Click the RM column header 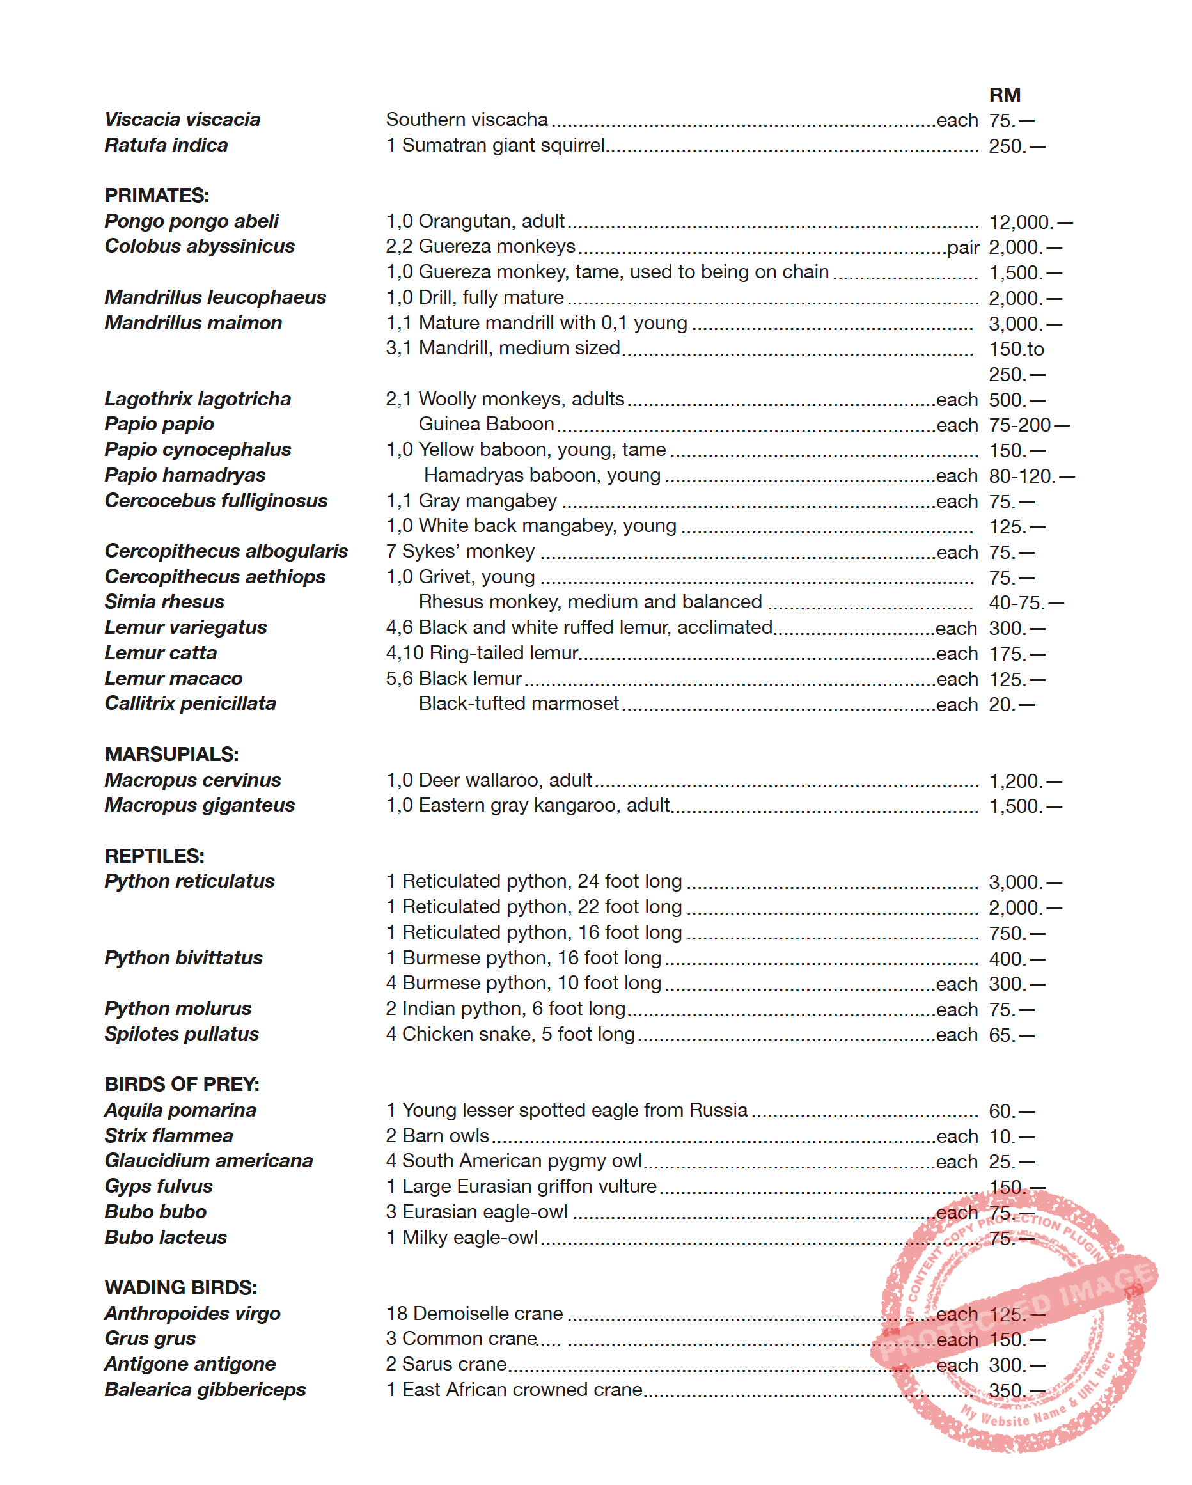point(1004,95)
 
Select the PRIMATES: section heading point(157,196)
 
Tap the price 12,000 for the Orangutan point(1021,223)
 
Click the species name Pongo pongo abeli point(191,221)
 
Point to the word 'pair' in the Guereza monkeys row point(962,247)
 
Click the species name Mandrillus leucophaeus point(215,297)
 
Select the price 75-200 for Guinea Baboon point(1021,425)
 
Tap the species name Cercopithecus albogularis point(226,551)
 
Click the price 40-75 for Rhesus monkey point(1017,602)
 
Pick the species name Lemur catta point(161,653)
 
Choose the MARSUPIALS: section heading point(171,754)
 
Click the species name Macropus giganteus point(200,805)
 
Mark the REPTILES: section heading point(154,856)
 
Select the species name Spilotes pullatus point(182,1034)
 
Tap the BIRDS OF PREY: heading point(182,1085)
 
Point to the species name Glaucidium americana point(208,1161)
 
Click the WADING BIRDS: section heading point(180,1288)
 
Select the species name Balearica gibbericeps point(205,1390)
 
